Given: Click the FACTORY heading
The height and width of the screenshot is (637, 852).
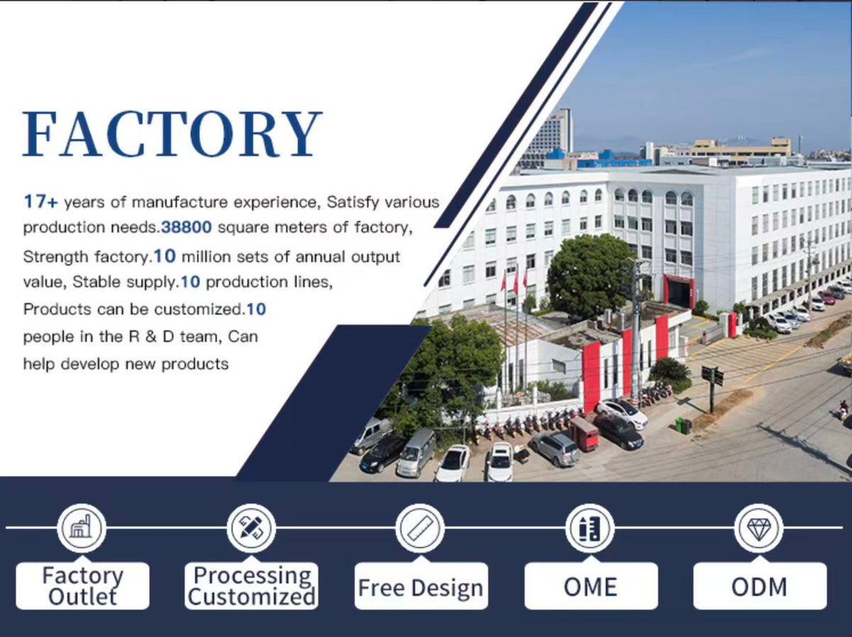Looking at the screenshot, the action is [x=173, y=134].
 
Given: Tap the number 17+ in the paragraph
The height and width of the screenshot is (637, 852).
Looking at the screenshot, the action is [x=40, y=201].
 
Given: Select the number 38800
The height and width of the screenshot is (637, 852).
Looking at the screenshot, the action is [x=186, y=227].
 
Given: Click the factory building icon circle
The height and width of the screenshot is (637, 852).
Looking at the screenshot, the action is [x=82, y=528].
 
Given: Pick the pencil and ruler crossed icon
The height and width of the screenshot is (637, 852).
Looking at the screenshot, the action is [x=251, y=528].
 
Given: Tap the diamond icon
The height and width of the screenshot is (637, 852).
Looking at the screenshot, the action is [x=759, y=528].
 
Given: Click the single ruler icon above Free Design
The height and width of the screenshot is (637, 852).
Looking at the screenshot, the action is [x=420, y=528].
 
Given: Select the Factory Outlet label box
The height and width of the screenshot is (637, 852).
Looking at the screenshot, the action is [x=82, y=585].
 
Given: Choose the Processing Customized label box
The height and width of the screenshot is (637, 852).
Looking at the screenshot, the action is [x=251, y=585].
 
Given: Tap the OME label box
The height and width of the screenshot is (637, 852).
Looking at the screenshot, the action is [x=591, y=585].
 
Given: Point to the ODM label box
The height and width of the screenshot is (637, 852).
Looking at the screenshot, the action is [x=760, y=585].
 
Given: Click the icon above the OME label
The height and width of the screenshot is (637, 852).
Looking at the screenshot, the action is [x=590, y=528].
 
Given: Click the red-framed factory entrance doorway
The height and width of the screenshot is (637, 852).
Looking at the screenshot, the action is [x=678, y=290].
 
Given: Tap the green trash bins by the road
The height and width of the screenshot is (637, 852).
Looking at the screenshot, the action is [x=683, y=426].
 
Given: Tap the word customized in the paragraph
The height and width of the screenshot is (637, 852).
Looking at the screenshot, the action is [x=198, y=309].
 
